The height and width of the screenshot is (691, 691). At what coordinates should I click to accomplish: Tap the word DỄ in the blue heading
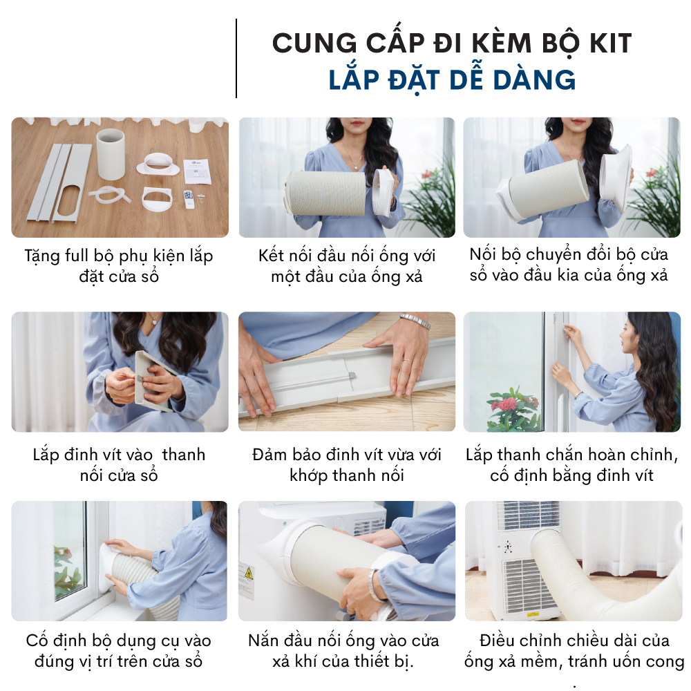466,79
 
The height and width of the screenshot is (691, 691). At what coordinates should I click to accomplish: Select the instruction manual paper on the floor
196,171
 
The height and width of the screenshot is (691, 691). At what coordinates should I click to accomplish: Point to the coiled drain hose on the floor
109,194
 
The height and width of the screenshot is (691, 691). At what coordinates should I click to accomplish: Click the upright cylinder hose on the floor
110,154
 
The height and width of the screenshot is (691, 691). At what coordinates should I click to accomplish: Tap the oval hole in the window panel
69,202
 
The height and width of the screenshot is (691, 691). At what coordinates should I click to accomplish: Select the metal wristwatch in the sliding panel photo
415,321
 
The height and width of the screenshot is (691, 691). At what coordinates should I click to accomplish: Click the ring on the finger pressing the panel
407,361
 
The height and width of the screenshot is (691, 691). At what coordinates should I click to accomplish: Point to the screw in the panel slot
352,375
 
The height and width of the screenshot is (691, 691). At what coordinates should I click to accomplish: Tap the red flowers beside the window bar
513,402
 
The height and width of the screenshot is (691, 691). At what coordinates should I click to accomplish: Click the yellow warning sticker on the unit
249,574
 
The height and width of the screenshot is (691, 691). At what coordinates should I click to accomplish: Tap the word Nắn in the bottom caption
263,641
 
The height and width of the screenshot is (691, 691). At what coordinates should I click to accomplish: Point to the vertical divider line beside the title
236,58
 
